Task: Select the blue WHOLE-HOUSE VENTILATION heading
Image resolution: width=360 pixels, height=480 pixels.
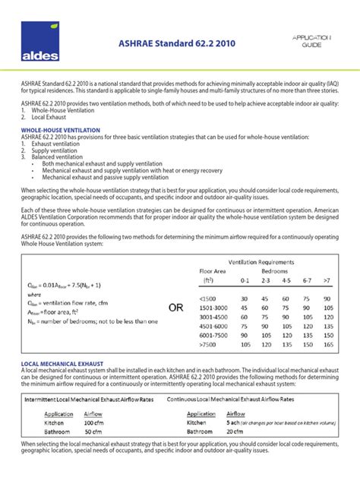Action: click(59, 130)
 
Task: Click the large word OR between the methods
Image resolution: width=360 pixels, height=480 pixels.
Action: click(176, 307)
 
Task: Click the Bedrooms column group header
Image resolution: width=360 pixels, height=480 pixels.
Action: click(275, 270)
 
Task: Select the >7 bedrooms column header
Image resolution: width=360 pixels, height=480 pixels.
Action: click(327, 280)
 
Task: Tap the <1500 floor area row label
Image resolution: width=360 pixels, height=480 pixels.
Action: click(208, 299)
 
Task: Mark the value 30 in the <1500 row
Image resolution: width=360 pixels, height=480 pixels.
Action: click(245, 299)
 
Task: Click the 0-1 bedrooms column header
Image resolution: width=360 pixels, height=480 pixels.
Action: click(245, 280)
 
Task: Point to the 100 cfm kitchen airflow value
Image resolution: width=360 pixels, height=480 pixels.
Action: click(93, 422)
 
